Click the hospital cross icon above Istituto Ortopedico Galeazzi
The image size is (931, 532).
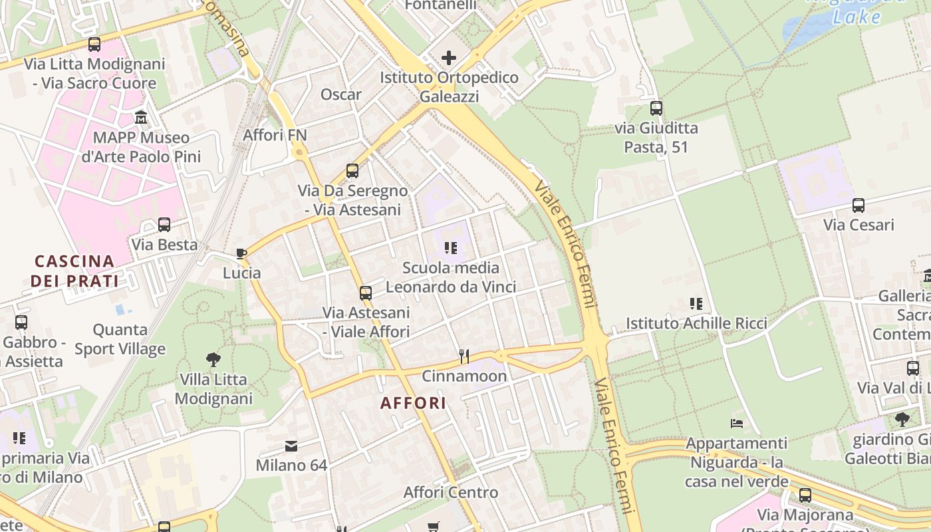[x=449, y=58]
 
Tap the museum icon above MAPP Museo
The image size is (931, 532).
[x=141, y=118]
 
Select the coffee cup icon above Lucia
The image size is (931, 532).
[x=241, y=253]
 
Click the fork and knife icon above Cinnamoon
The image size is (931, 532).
[x=464, y=356]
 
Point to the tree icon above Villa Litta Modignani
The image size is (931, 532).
[x=213, y=360]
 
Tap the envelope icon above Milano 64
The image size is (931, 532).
[x=291, y=446]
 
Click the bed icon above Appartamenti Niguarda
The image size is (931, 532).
[x=736, y=423]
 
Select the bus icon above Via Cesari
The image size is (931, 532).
[x=859, y=205]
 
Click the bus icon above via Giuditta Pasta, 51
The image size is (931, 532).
[x=656, y=108]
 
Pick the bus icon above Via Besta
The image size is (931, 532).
[x=164, y=225]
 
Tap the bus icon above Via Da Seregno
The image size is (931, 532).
[x=352, y=171]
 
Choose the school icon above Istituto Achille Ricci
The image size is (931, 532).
[x=696, y=304]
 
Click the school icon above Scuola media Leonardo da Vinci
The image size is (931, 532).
[x=451, y=248]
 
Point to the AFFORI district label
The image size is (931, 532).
[x=413, y=403]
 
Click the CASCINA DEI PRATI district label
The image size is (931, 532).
[x=74, y=271]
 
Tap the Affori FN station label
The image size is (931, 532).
[x=275, y=135]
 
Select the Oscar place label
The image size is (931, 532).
[x=341, y=94]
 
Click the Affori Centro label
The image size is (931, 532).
[x=451, y=493]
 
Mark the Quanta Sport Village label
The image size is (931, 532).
[x=120, y=339]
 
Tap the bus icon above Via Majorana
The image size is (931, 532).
[x=805, y=495]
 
